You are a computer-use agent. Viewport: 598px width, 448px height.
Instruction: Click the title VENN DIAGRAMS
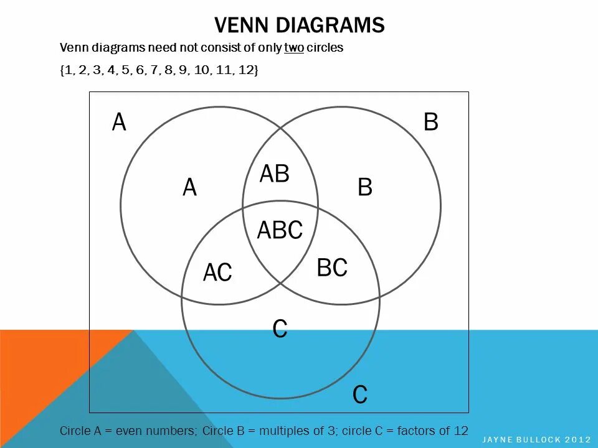pyautogui.click(x=299, y=26)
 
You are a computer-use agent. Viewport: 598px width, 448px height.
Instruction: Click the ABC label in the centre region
pyautogui.click(x=280, y=230)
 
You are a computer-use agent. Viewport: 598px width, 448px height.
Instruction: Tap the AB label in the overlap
pyautogui.click(x=274, y=174)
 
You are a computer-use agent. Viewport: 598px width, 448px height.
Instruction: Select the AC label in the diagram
pyautogui.click(x=217, y=273)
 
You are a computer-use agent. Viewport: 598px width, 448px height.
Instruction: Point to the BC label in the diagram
pyautogui.click(x=331, y=268)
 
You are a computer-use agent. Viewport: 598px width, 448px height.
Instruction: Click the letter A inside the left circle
pyautogui.click(x=190, y=188)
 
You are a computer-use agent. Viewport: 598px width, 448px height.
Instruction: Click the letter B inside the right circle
pyautogui.click(x=365, y=188)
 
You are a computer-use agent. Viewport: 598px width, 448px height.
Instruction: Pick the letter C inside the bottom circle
pyautogui.click(x=280, y=329)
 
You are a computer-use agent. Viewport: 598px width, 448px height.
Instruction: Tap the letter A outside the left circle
pyautogui.click(x=119, y=123)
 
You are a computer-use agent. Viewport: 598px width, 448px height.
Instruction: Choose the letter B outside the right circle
pyautogui.click(x=431, y=123)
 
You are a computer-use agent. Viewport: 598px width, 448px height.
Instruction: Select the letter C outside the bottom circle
pyautogui.click(x=359, y=395)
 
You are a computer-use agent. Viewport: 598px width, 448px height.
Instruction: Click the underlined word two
pyautogui.click(x=294, y=48)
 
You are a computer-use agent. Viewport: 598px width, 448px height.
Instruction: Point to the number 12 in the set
pyautogui.click(x=245, y=70)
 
